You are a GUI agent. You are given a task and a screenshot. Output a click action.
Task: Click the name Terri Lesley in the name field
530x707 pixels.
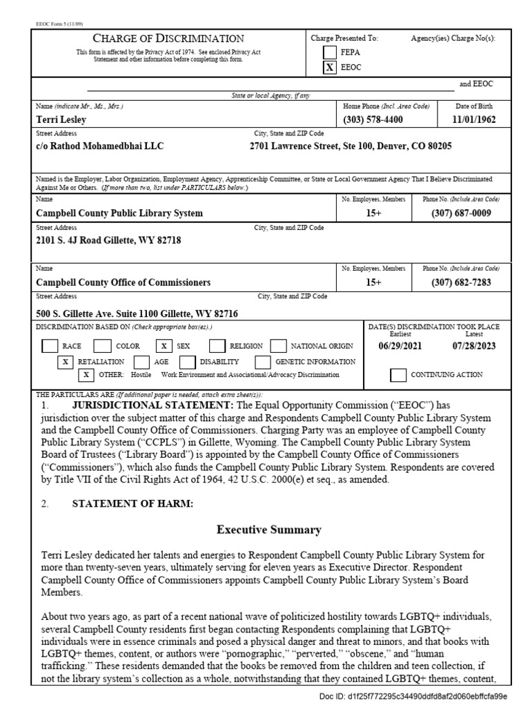[61, 120]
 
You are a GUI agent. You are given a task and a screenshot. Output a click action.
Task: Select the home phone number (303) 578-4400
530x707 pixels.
[373, 120]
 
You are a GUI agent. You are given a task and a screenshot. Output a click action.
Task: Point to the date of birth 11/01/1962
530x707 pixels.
[474, 120]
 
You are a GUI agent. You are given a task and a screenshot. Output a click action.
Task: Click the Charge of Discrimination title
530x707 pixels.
[168, 39]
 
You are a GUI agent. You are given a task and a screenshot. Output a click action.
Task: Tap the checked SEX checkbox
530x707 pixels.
[164, 345]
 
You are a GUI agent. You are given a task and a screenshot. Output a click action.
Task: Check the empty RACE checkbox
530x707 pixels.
[49, 345]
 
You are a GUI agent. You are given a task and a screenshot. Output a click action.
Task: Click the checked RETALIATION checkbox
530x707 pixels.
[66, 361]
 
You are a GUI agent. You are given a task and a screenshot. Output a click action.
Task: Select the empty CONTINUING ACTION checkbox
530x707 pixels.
[397, 375]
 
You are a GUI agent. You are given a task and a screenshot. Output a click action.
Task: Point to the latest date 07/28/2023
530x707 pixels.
[473, 345]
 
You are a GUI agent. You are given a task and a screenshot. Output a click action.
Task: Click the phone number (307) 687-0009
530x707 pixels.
[462, 213]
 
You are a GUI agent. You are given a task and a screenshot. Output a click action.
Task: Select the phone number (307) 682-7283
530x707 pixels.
[462, 282]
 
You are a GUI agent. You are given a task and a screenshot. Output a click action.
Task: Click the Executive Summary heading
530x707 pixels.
[268, 530]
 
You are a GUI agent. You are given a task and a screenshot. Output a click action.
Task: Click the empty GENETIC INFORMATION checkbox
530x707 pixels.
[262, 361]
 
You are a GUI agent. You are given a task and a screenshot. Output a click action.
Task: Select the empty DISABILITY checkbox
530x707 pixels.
[187, 361]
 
